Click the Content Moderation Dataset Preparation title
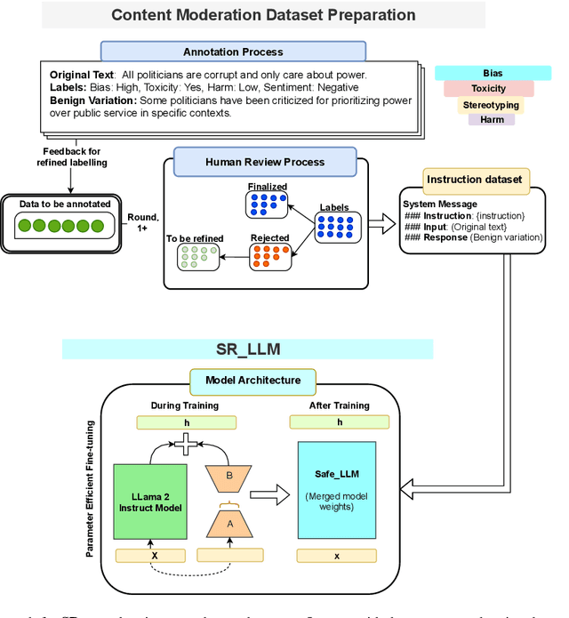point(263,15)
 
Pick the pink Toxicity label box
point(489,88)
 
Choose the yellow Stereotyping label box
point(491,105)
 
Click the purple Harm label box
point(492,119)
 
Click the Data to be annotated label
point(65,204)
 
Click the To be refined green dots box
point(196,257)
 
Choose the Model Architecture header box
point(252,380)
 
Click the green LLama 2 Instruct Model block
point(151,501)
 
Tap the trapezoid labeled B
point(229,476)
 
